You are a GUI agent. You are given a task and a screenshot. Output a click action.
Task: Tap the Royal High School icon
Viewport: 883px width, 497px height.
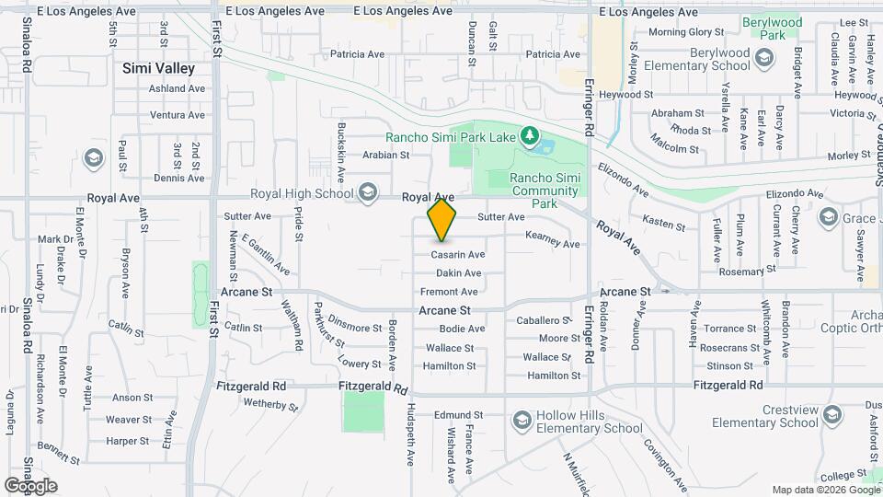[x=368, y=192]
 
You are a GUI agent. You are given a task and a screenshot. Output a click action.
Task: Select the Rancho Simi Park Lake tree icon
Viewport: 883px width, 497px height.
[x=529, y=137]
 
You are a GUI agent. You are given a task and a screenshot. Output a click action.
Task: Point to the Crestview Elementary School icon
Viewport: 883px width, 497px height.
[x=832, y=416]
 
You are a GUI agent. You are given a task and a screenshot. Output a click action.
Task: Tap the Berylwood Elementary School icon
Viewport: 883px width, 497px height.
[x=764, y=60]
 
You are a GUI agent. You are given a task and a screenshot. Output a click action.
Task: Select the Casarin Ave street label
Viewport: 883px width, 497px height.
[x=459, y=254]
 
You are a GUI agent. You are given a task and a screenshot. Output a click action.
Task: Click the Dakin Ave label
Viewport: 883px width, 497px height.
[x=458, y=273]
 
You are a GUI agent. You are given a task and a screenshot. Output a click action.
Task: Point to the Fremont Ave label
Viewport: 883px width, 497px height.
[x=449, y=292]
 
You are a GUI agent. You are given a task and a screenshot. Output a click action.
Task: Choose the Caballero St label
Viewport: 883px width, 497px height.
[x=544, y=320]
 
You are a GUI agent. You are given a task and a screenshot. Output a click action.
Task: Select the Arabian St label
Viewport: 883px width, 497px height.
[x=385, y=156]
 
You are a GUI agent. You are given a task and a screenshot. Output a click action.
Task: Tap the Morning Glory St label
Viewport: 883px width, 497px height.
[x=682, y=32]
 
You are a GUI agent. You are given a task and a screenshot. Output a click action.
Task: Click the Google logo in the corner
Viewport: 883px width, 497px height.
[x=30, y=485]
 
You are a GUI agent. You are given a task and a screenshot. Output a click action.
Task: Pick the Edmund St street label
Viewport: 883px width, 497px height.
[x=458, y=415]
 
